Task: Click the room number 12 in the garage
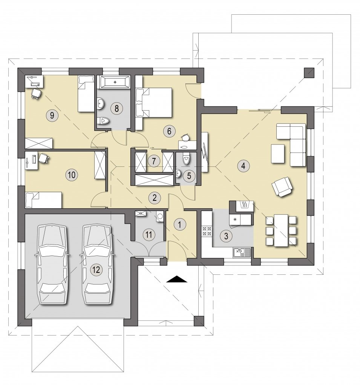(97, 270)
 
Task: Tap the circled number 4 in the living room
(243, 166)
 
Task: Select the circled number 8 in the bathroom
(116, 108)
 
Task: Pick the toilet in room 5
(186, 158)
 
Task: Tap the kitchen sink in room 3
(242, 253)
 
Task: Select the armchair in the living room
(282, 186)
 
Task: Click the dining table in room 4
(281, 230)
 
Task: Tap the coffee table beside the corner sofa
(277, 154)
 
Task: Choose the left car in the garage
(52, 264)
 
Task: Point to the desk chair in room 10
(44, 158)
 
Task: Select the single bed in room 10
(43, 200)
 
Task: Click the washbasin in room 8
(101, 103)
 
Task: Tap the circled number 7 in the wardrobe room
(154, 161)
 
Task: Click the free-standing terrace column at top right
(309, 73)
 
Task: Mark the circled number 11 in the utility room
(149, 234)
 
